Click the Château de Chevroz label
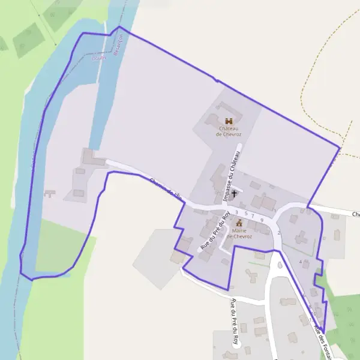[228, 131]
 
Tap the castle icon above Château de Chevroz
[228, 121]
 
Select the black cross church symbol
[234, 193]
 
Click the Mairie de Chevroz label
[239, 233]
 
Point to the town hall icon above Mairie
[239, 223]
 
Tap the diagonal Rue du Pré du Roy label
[215, 232]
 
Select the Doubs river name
[98, 58]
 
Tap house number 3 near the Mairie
[237, 212]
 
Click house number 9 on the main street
[262, 220]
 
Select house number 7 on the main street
[253, 216]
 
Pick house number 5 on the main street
[246, 213]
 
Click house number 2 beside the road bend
[279, 233]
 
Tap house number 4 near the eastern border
[300, 262]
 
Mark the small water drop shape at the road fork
[279, 264]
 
